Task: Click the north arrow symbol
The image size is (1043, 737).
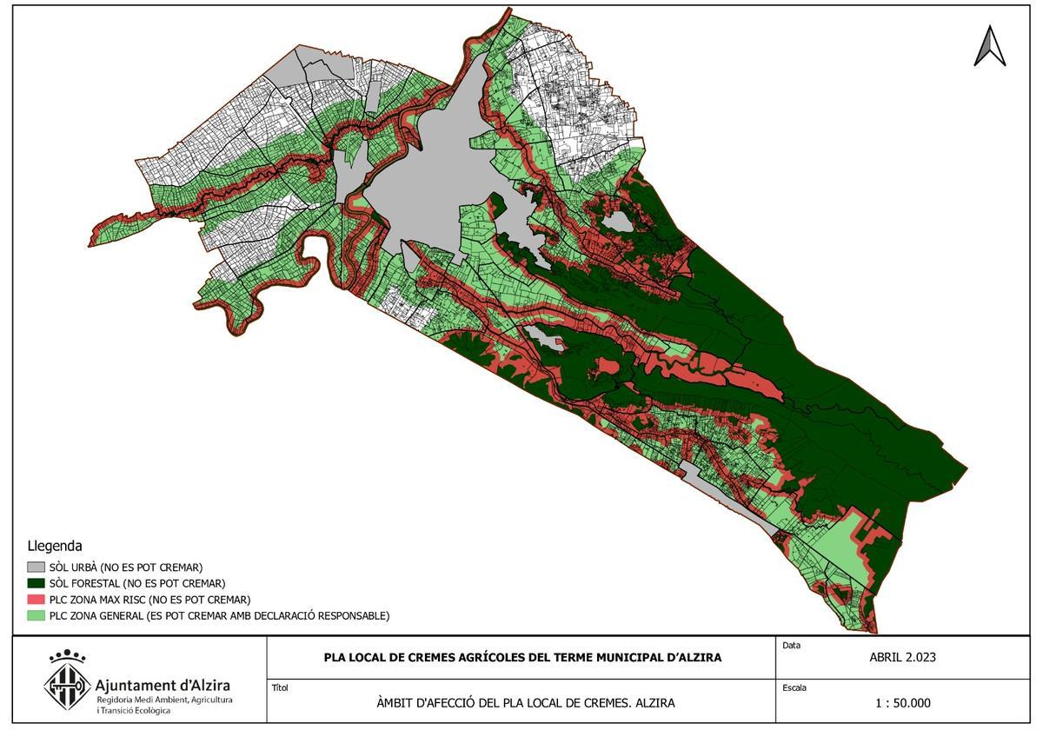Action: (989, 47)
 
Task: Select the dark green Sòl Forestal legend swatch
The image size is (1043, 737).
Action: (36, 583)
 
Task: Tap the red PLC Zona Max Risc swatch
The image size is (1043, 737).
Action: (36, 600)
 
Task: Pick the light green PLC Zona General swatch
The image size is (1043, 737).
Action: (36, 616)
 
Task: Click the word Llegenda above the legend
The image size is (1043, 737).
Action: (55, 547)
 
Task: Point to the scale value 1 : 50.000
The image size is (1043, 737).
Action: (902, 703)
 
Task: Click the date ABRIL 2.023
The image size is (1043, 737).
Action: (902, 657)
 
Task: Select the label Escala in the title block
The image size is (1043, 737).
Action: (794, 687)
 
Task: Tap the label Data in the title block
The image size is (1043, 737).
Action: (791, 646)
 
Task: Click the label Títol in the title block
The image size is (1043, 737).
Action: (280, 687)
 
